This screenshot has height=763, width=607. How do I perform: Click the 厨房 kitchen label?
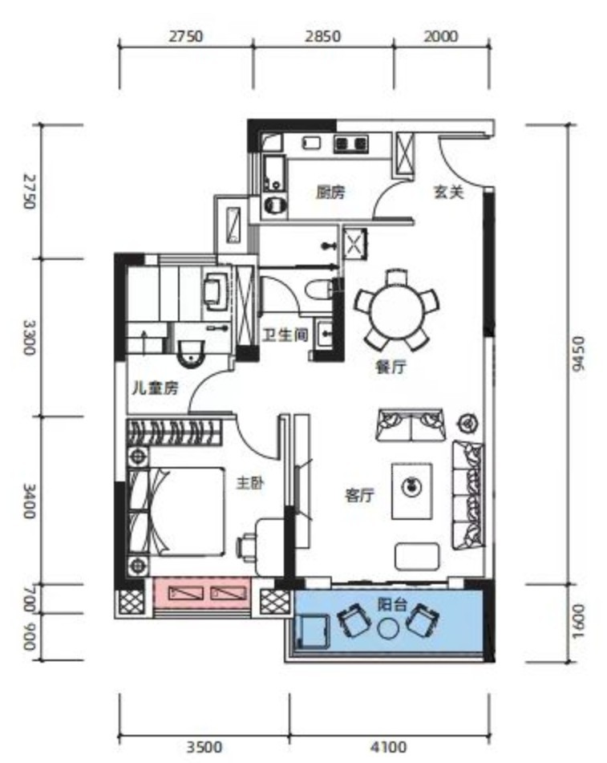(330, 193)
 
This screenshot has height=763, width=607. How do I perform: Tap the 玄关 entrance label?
(448, 193)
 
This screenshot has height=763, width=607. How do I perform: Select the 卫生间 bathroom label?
(285, 335)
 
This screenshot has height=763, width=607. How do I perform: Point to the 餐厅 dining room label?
(391, 367)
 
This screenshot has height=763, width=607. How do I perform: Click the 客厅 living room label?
(359, 495)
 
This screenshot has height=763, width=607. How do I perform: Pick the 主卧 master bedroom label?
(250, 483)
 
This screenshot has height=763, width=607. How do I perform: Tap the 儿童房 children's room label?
(156, 388)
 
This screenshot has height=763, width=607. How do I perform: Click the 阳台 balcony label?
(392, 605)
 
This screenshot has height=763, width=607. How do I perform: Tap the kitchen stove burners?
(350, 144)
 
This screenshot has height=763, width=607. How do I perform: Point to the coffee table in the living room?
(412, 491)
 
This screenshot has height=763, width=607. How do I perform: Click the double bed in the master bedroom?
(175, 511)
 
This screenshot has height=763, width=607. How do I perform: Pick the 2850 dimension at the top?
(323, 36)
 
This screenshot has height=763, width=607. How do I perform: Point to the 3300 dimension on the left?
(29, 337)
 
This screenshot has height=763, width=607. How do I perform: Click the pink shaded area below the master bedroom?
(202, 593)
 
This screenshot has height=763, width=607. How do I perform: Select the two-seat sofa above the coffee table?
(411, 424)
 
